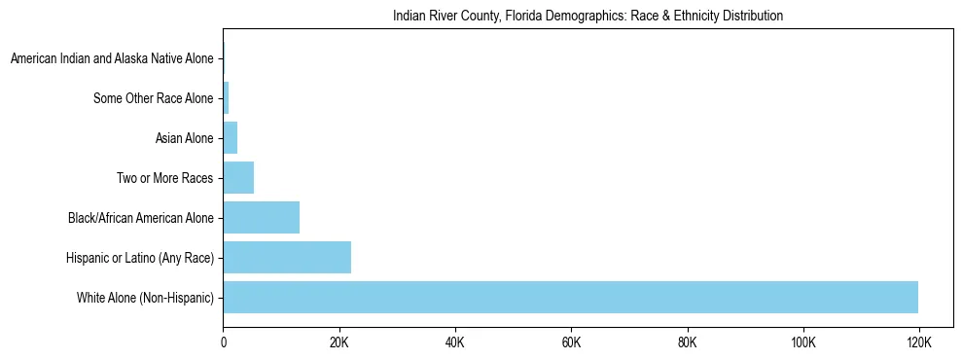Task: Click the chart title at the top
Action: click(x=588, y=17)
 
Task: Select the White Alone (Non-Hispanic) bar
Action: click(x=570, y=297)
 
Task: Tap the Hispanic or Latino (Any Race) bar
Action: click(x=287, y=257)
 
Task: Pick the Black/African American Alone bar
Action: click(x=261, y=218)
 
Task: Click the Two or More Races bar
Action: click(x=238, y=178)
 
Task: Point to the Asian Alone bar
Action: click(x=231, y=138)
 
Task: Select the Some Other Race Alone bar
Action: click(x=226, y=98)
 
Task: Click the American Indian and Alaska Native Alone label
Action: click(x=111, y=59)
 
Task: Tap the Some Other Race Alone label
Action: click(x=153, y=98)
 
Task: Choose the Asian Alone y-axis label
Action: click(x=184, y=138)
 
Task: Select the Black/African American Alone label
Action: click(x=140, y=218)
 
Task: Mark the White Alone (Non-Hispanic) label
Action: click(x=145, y=297)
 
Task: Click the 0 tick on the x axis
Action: click(x=224, y=343)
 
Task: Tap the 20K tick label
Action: click(x=339, y=343)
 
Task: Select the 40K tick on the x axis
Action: click(x=455, y=343)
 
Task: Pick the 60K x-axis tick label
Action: click(x=571, y=343)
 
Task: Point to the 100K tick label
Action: click(x=802, y=343)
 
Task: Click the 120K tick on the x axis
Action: click(x=918, y=343)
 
